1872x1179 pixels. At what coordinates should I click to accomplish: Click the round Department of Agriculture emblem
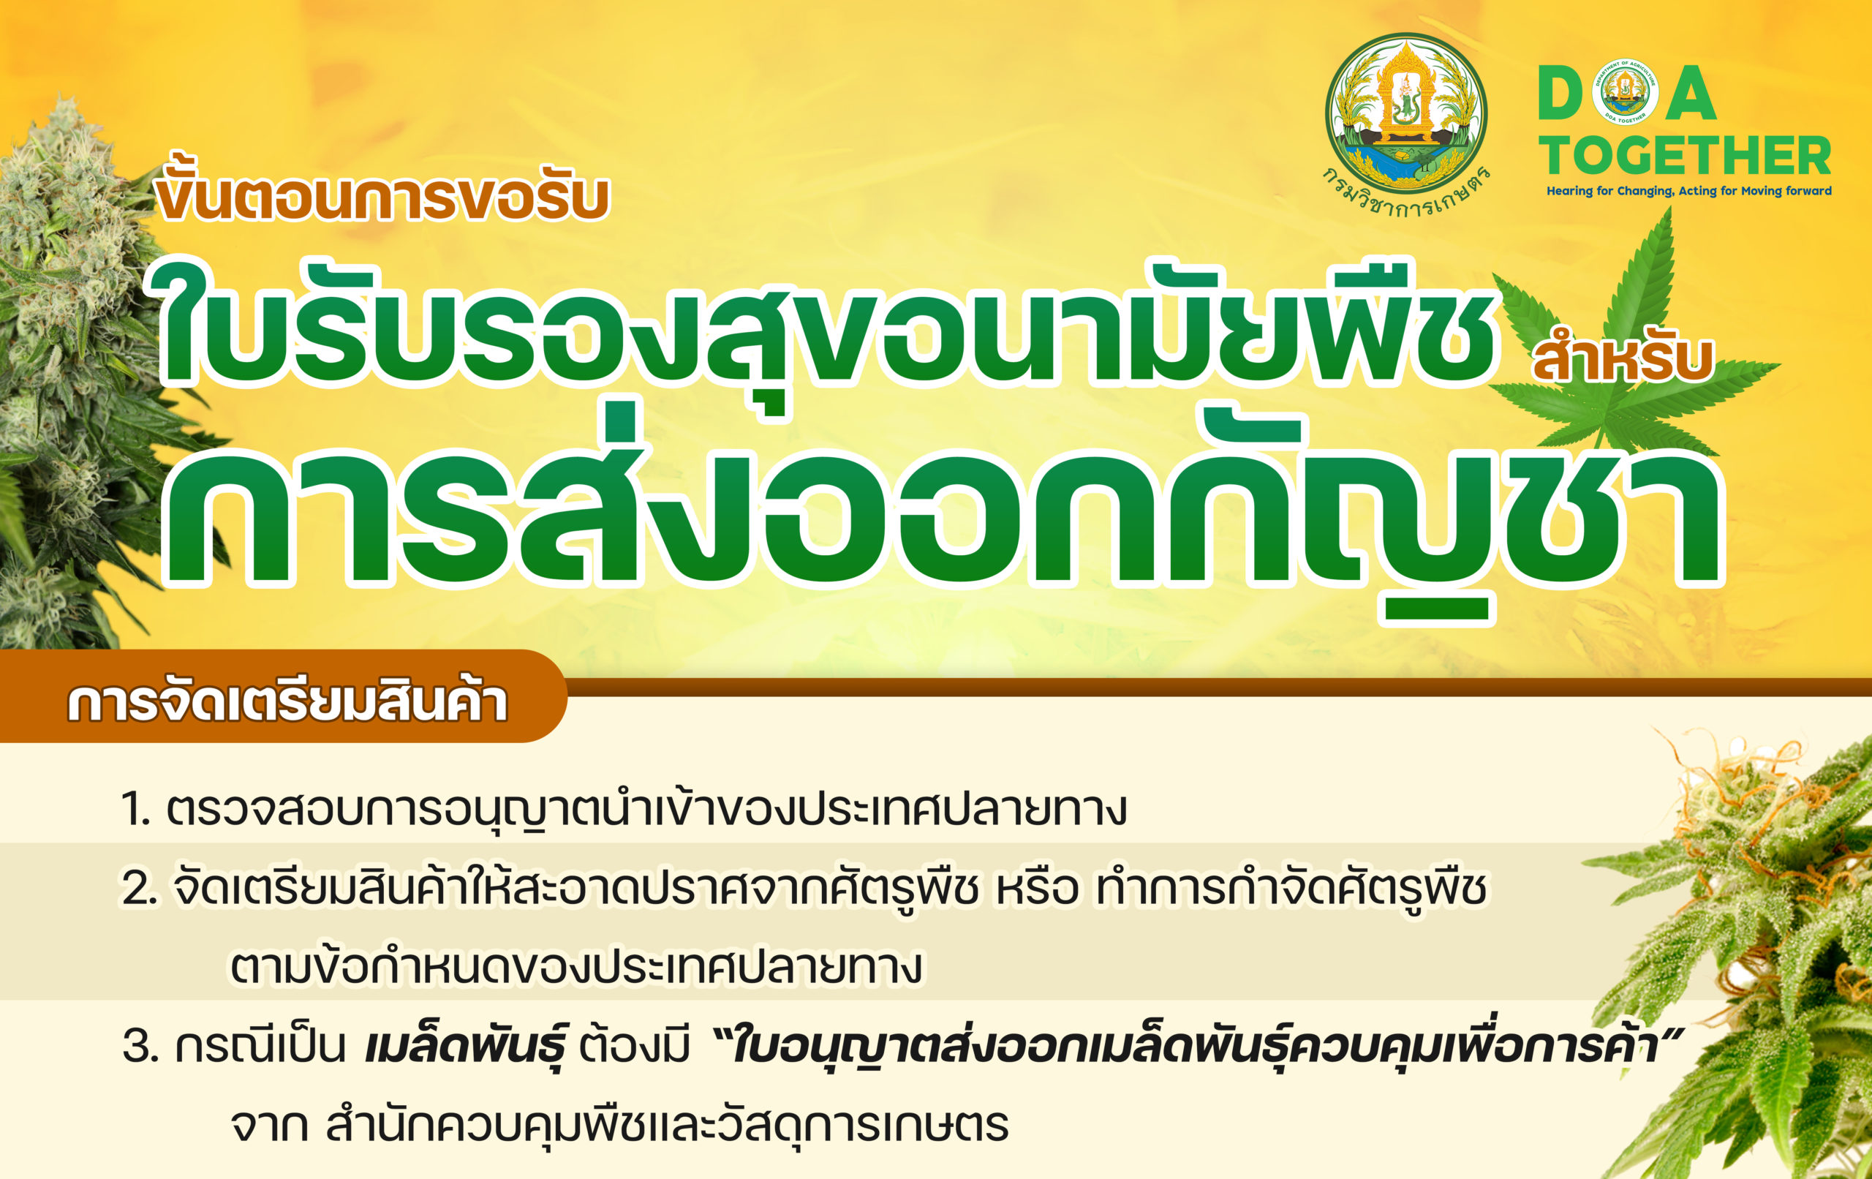[x=1405, y=112]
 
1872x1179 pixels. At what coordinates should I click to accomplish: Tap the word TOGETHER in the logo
[x=1686, y=156]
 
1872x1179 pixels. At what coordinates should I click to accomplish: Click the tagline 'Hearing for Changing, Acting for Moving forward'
[x=1688, y=192]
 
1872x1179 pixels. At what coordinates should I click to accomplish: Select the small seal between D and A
[x=1625, y=91]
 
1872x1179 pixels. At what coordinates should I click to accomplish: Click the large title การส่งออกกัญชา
[x=945, y=513]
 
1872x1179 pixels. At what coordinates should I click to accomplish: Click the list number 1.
[x=135, y=810]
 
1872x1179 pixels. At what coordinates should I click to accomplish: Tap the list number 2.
[x=138, y=889]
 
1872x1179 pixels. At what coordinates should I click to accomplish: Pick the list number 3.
[x=140, y=1047]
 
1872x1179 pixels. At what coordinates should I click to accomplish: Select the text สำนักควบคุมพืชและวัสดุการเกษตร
[x=667, y=1125]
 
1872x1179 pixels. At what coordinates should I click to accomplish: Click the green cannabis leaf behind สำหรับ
[x=1633, y=342]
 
